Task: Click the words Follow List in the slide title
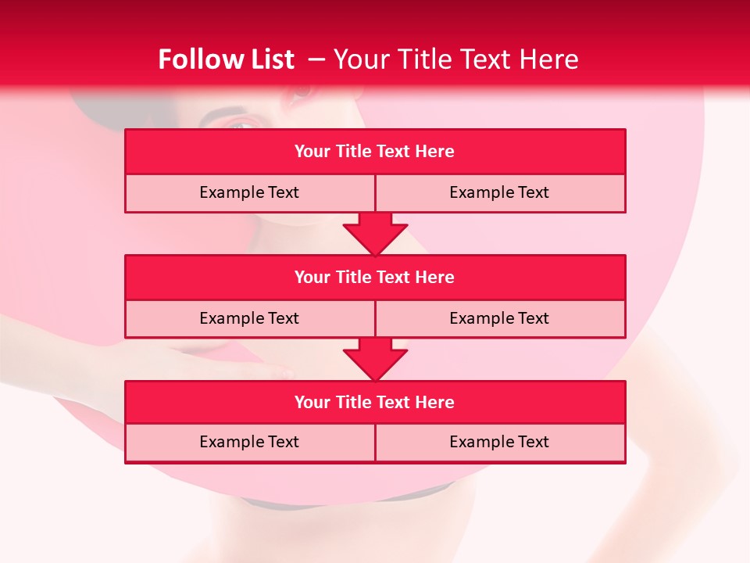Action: tap(226, 59)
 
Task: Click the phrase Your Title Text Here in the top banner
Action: tap(455, 59)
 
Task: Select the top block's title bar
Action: tap(375, 152)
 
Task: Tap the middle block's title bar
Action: tap(375, 278)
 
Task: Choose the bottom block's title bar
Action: tap(375, 403)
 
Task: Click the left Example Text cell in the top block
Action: tap(249, 193)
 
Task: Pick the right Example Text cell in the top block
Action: tap(499, 193)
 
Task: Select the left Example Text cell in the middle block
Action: tap(249, 318)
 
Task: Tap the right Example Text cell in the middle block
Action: tap(499, 318)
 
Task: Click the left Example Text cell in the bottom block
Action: tap(249, 443)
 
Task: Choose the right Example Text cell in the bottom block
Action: tap(499, 443)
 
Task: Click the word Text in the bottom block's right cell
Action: tap(533, 443)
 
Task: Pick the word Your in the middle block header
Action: tap(312, 278)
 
